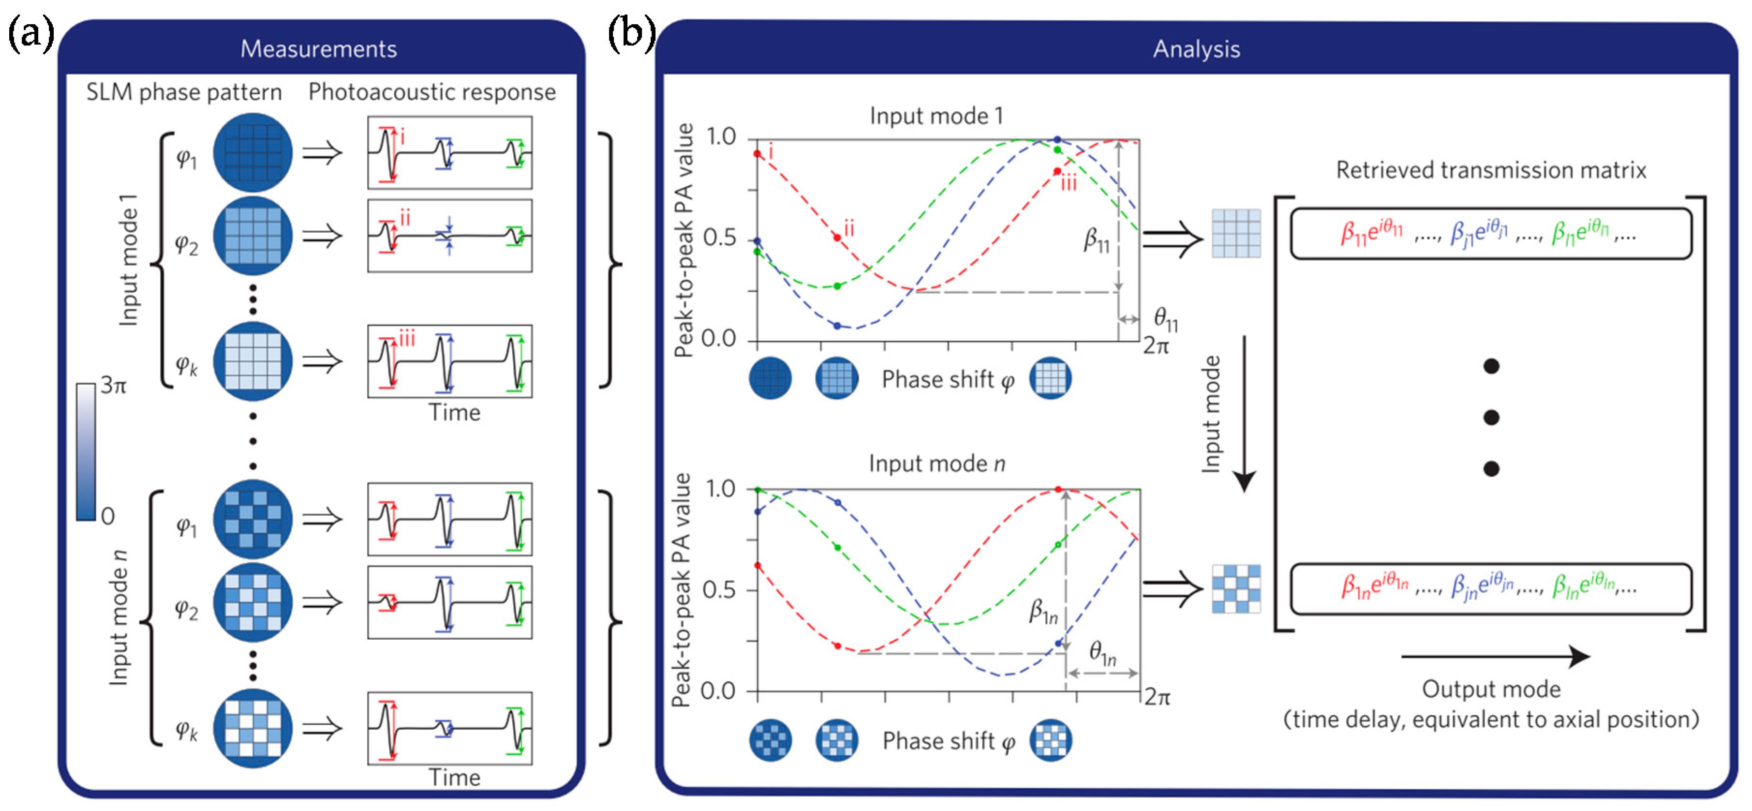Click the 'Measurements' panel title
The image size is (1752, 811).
pos(318,49)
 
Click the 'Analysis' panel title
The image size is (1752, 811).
pos(1196,49)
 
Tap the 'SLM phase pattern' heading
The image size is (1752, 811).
pos(184,92)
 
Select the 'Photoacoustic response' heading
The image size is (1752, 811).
pos(432,92)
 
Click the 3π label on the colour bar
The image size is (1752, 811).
pos(114,386)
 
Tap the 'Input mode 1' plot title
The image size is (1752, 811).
pos(936,116)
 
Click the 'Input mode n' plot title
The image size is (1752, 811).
pos(936,464)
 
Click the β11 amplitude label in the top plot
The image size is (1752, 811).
pos(1096,240)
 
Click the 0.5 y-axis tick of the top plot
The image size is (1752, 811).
pos(720,238)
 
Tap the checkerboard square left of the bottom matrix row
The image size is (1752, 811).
pos(1236,588)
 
